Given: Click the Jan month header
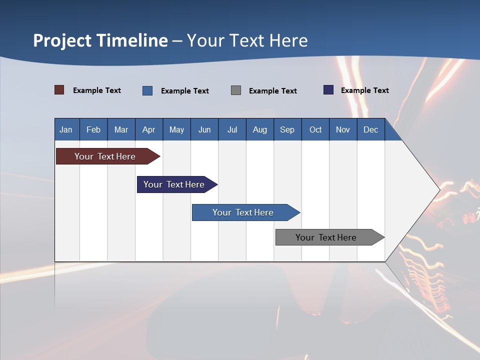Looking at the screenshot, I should coord(66,129).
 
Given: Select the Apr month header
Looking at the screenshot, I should coord(149,129).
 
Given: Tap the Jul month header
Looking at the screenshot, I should coord(232,129).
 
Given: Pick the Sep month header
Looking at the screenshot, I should coord(287,129).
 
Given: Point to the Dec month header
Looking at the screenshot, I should coord(370,129).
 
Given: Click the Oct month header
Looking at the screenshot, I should coord(315,129).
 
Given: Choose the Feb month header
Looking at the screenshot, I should coord(93,129).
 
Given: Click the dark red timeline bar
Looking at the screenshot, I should coord(105,156).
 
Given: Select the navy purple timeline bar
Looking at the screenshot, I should coord(174,184).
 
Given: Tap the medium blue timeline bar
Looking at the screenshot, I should coord(243,212).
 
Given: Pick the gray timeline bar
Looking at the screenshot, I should coord(326,237).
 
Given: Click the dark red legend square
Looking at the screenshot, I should coord(59,90).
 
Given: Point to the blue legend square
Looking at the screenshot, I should coord(147,90).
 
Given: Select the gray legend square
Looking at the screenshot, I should coord(236,90).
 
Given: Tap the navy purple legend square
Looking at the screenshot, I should coord(328,90).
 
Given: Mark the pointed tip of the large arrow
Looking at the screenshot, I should coord(438,190).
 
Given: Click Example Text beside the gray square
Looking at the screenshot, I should coord(273,91).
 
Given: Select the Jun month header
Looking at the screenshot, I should coord(204,129).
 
